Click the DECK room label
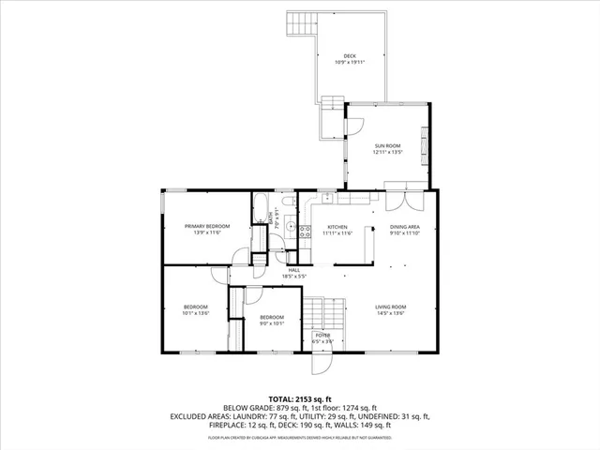(350, 56)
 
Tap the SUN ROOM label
(387, 146)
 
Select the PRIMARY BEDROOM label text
(207, 227)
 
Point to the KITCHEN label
(337, 227)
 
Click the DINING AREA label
(405, 227)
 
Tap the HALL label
(294, 270)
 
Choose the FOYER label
(322, 336)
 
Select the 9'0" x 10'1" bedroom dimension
(272, 322)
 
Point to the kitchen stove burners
(291, 227)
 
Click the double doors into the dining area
(398, 202)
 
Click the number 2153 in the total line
(308, 398)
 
